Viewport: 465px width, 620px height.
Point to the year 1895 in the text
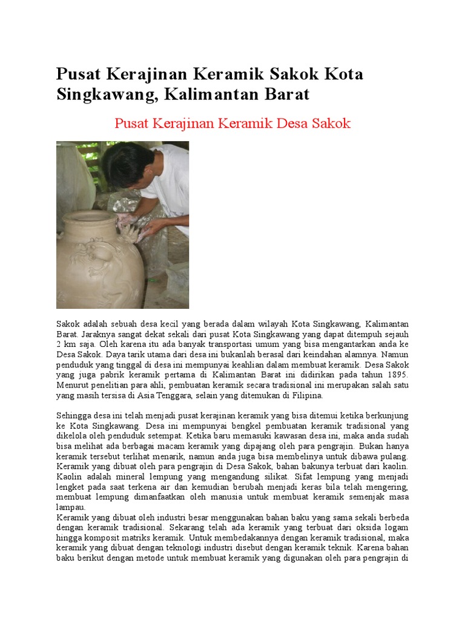pyautogui.click(x=394, y=375)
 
